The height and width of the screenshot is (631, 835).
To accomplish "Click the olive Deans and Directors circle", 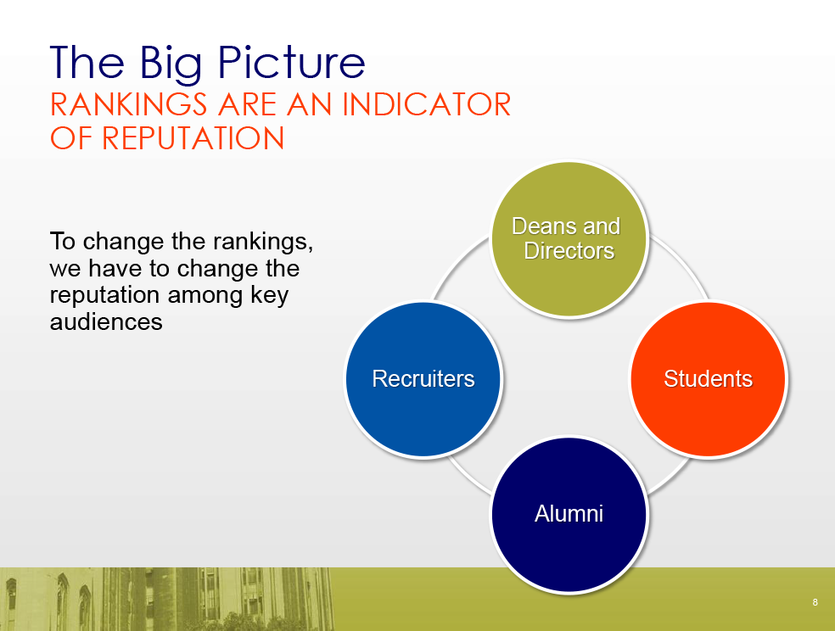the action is (x=569, y=239).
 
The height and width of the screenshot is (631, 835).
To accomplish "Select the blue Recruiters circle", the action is (x=423, y=379).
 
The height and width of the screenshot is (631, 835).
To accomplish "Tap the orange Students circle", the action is (x=709, y=379).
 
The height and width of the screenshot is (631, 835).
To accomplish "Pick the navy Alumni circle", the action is (x=569, y=515).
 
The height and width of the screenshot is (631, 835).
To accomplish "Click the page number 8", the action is (x=815, y=602).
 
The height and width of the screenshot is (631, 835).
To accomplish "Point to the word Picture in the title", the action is (x=291, y=63).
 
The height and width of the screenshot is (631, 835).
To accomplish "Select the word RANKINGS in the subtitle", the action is (x=128, y=104).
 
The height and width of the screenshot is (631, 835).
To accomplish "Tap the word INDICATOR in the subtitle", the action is (x=427, y=104).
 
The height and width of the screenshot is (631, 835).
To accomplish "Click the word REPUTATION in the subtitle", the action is (x=193, y=138).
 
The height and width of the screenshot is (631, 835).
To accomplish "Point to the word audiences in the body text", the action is (x=106, y=321).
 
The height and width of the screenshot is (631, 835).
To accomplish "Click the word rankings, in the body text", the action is (x=263, y=242).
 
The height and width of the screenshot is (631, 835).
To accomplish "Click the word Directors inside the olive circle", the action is (x=569, y=250).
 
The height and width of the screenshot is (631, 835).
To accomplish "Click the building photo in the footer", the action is (x=166, y=599).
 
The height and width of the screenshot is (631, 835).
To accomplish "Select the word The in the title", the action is (x=87, y=63).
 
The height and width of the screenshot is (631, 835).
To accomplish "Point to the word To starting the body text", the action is (x=63, y=241).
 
